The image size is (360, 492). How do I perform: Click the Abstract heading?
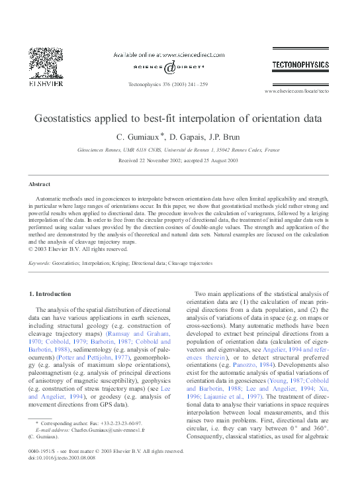pyautogui.click(x=40, y=184)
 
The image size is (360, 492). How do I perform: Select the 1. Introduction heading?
pyautogui.click(x=52, y=293)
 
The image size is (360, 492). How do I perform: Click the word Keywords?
pyautogui.click(x=40, y=264)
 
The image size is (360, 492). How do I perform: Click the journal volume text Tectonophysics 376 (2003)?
pyautogui.click(x=159, y=84)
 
